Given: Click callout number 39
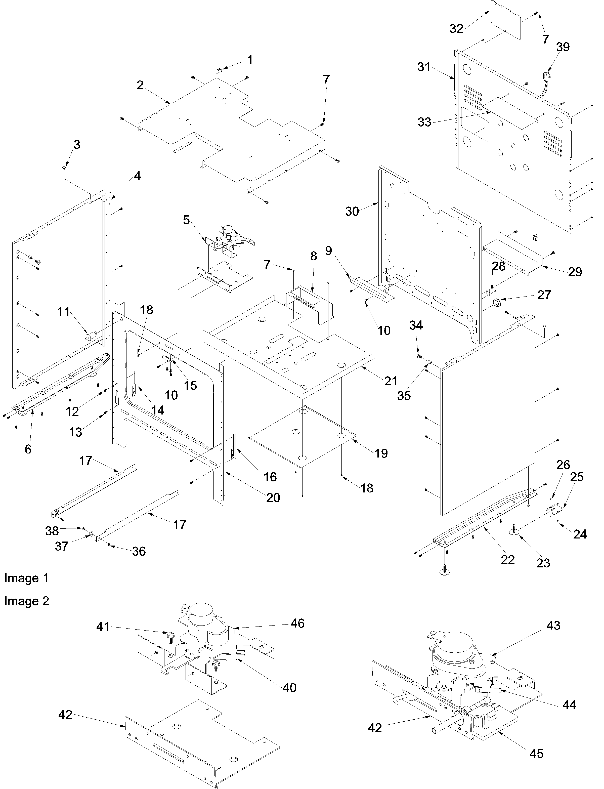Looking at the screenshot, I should (563, 47).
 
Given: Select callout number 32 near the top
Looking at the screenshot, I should (457, 28).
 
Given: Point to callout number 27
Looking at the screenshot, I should (544, 295).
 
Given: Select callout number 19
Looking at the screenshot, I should (381, 453).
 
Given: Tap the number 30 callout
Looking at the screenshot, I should (352, 212).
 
